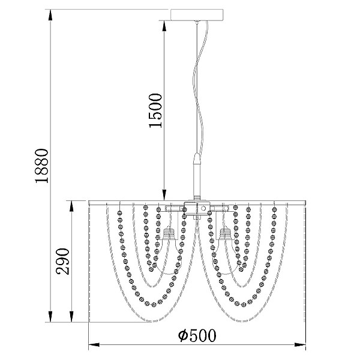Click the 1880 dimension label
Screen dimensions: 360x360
(x=42, y=166)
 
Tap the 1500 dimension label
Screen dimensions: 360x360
(x=155, y=110)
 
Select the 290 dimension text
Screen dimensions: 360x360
(x=62, y=261)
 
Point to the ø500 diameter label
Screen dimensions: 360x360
(x=197, y=335)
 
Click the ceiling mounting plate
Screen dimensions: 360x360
(x=197, y=14)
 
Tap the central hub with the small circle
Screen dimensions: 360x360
(x=197, y=208)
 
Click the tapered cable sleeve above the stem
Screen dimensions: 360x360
(x=197, y=158)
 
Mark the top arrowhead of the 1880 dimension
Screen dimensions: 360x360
(x=50, y=15)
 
